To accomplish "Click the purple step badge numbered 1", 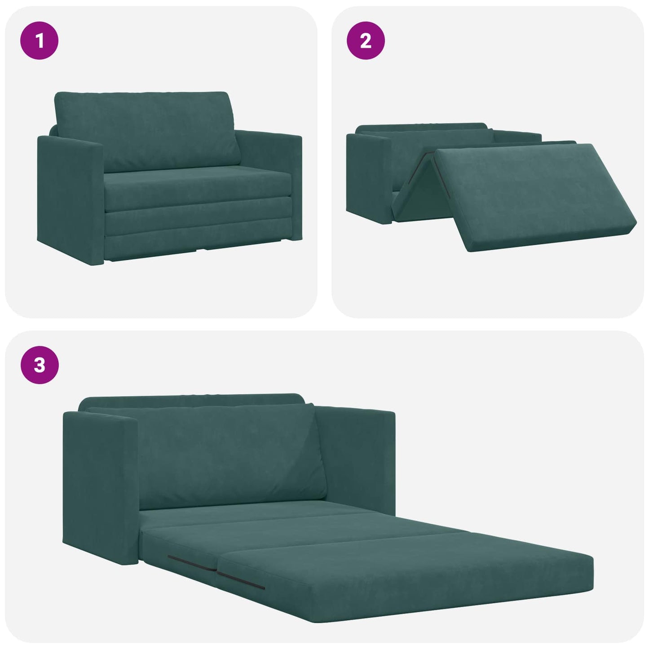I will tap(40, 41).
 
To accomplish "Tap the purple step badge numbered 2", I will tap(366, 41).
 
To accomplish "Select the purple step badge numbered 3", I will tap(40, 365).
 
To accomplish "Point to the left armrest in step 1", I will tap(70, 198).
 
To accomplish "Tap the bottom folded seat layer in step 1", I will tap(198, 240).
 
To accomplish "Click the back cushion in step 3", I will tap(229, 454).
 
